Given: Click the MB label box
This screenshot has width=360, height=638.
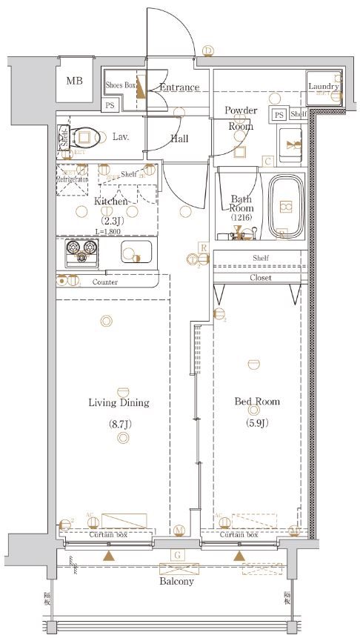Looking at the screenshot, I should [x=74, y=81].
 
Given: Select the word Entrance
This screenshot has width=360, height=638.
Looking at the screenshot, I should [x=179, y=87].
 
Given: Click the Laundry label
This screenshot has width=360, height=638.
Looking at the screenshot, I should [x=323, y=87].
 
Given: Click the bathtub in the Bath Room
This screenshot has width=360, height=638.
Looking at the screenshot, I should [x=282, y=205].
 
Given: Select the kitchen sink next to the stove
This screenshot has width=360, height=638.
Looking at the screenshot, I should [x=135, y=253].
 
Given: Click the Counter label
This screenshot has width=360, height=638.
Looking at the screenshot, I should [x=106, y=282].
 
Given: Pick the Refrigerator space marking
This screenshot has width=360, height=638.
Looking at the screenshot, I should [x=73, y=179].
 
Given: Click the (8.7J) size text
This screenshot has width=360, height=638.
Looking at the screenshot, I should [x=119, y=424].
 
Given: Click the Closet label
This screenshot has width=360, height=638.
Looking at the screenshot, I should [x=260, y=278].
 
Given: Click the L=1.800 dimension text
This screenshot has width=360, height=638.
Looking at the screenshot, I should [x=107, y=232].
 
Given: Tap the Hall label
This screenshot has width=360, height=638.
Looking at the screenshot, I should [x=179, y=139].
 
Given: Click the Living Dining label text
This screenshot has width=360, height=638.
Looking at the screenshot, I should [x=119, y=403].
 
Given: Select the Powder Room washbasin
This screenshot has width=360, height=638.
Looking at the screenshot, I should [x=290, y=142].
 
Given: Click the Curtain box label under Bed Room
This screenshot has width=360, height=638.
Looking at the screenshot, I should [x=239, y=534].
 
